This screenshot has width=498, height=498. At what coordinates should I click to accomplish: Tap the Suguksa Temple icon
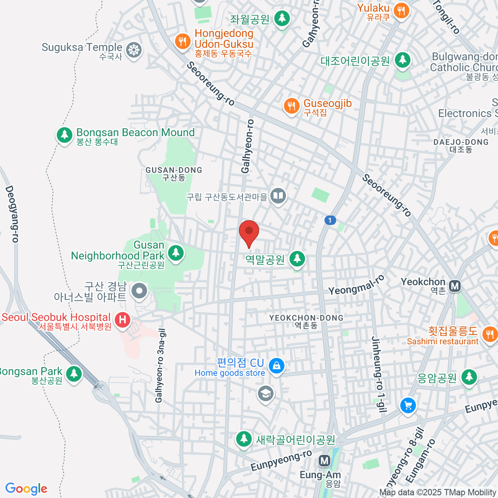click(134, 50)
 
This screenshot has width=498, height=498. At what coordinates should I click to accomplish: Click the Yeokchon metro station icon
click(455, 286)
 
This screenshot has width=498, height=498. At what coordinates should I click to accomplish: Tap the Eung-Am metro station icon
click(324, 461)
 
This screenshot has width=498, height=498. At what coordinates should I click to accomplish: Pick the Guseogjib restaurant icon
click(292, 106)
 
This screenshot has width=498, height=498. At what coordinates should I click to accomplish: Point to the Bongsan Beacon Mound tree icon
click(64, 134)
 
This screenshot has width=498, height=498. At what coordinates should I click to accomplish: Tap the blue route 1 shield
click(330, 220)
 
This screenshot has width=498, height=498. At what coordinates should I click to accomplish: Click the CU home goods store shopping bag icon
click(276, 366)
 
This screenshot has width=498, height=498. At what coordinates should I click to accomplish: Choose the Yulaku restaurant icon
click(400, 10)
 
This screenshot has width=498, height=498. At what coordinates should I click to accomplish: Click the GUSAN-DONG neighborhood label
click(174, 173)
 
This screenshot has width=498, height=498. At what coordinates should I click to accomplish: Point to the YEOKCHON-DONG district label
click(306, 321)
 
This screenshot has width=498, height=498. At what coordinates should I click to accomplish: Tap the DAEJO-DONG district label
click(461, 145)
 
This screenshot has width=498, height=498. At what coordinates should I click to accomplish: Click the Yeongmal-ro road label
click(356, 285)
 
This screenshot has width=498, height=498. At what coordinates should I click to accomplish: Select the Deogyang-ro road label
click(12, 214)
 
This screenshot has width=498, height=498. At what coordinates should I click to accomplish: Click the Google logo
click(26, 489)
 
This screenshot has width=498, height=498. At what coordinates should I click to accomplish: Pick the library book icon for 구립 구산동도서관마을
click(278, 195)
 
